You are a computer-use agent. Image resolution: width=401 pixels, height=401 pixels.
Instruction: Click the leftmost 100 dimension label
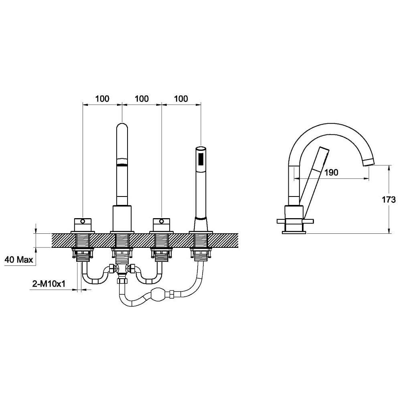(102, 99)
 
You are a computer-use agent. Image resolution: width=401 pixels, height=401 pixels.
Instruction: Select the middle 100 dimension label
(142, 99)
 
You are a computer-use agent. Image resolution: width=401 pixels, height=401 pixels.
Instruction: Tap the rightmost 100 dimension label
(181, 99)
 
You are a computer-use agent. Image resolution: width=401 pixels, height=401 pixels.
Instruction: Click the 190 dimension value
(331, 172)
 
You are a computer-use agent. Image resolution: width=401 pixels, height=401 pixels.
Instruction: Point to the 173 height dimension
(389, 199)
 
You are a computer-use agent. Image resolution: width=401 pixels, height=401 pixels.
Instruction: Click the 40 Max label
(19, 260)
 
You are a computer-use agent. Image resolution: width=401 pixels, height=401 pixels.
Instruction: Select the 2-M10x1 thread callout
(49, 284)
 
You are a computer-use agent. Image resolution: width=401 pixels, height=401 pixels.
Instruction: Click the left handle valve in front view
(83, 225)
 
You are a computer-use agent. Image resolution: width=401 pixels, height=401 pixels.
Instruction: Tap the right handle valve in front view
(161, 225)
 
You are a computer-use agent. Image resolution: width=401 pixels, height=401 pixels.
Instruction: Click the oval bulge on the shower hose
(158, 294)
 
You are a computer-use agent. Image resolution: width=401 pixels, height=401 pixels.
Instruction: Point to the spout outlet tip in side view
(369, 162)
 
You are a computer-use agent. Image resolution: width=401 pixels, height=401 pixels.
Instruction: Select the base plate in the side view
(294, 233)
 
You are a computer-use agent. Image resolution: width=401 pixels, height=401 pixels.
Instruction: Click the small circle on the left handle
(83, 221)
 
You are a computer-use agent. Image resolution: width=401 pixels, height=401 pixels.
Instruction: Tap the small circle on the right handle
(161, 221)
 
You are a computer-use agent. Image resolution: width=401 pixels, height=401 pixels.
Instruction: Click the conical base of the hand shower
(201, 224)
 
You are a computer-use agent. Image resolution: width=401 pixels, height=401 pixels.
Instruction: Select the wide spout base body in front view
(122, 219)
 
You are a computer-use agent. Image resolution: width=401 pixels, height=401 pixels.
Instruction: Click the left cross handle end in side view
(281, 221)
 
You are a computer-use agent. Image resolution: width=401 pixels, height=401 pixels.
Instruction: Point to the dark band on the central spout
(122, 165)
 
